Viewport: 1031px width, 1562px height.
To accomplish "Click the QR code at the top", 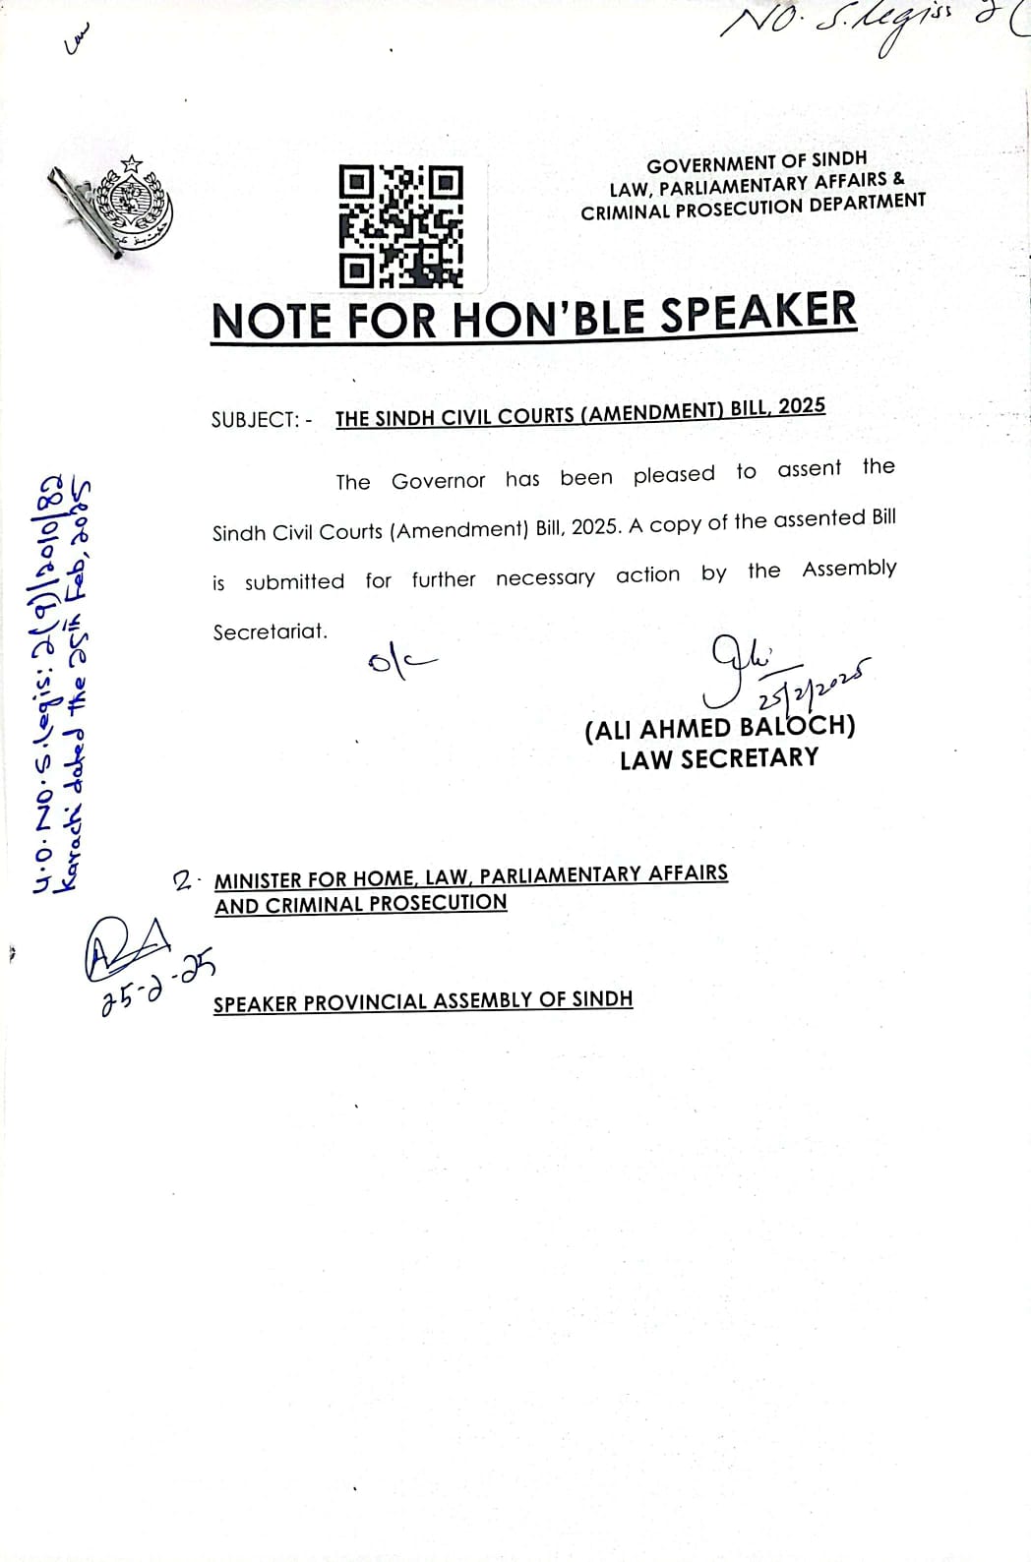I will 400,225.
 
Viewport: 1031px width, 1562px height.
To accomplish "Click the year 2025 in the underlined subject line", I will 801,406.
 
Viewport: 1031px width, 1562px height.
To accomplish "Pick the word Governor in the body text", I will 438,481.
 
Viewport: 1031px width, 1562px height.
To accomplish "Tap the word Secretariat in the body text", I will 270,631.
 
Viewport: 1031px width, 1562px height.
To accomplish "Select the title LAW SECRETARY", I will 718,758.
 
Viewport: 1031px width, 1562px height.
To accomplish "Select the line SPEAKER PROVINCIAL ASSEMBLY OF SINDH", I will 423,1001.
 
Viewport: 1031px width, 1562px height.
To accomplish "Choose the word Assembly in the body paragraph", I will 849,569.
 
